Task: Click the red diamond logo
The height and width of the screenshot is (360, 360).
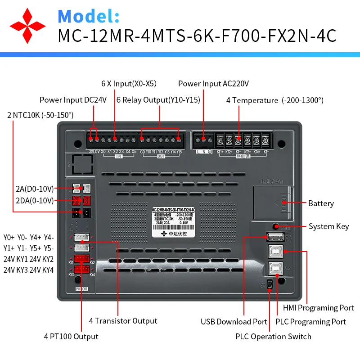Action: tap(28, 25)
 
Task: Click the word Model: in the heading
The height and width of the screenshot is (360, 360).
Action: tap(89, 16)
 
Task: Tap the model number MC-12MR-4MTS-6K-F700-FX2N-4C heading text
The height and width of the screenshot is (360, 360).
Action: tap(197, 36)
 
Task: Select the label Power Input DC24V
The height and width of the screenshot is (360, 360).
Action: tap(73, 100)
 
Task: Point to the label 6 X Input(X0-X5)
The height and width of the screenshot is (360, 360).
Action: tap(129, 84)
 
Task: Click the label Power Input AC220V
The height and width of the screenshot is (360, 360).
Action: tap(213, 84)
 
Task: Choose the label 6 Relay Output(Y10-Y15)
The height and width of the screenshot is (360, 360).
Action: tap(158, 100)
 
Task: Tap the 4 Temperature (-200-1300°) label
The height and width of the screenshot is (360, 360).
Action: tap(274, 100)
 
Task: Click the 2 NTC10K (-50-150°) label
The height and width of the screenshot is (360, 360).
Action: tap(40, 115)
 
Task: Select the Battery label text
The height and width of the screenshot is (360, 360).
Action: tap(321, 203)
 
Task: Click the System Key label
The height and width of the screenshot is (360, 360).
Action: tap(328, 226)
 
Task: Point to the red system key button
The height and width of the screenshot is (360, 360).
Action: tap(275, 226)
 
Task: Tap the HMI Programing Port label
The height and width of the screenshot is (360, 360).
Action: tap(318, 308)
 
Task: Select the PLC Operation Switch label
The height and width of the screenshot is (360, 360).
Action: tap(273, 337)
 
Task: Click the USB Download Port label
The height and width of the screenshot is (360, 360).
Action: tap(234, 322)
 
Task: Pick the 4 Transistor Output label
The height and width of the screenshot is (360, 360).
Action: tap(123, 321)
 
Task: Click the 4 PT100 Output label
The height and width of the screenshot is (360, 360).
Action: tap(71, 337)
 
